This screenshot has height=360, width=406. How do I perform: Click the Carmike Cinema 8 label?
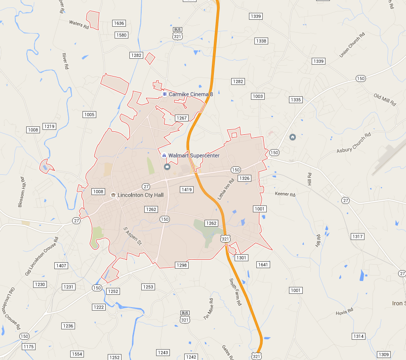[191, 94]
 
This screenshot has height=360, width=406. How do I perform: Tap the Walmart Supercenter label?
[194, 156]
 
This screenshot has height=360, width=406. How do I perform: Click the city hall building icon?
[113, 195]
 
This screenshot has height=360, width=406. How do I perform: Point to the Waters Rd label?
[79, 23]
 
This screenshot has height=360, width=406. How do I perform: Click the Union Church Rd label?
[352, 45]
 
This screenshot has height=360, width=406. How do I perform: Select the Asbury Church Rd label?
[354, 143]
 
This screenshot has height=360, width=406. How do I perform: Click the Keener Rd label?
[285, 195]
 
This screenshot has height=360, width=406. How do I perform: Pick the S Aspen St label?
[132, 236]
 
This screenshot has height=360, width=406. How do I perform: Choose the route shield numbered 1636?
[119, 23]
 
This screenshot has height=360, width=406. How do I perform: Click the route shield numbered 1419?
[187, 190]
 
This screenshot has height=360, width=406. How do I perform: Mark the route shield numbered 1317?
[357, 237]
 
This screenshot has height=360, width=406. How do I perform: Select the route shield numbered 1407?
[61, 266]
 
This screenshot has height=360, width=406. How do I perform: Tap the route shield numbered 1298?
[182, 265]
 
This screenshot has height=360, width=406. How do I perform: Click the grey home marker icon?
[292, 137]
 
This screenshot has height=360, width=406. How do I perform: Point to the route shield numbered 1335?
[295, 100]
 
